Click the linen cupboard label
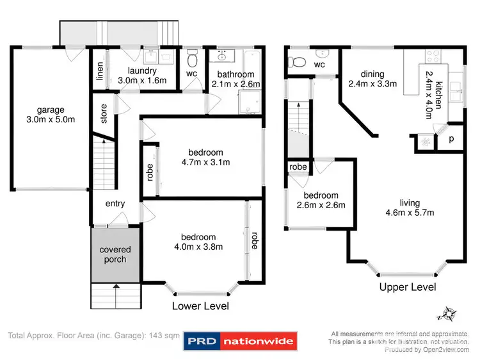click(100, 73)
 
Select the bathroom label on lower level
click(235, 75)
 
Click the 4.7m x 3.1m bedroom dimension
click(205, 162)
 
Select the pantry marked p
click(451, 139)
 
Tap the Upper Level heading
click(408, 287)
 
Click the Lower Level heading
click(200, 306)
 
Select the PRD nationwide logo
click(240, 341)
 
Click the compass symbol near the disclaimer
click(446, 314)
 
